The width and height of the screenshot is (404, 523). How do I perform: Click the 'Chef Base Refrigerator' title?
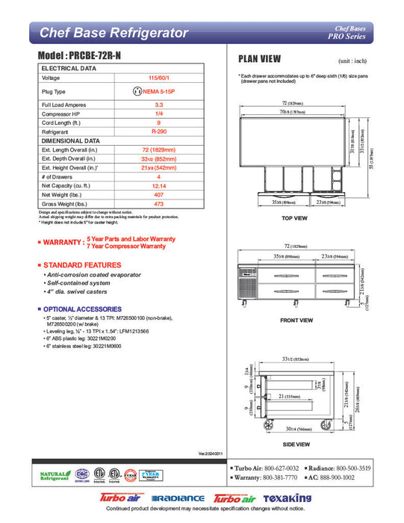[x=113, y=32]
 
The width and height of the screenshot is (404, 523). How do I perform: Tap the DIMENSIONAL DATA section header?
[x=71, y=140]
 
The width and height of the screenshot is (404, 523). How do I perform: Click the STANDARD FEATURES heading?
[x=81, y=265]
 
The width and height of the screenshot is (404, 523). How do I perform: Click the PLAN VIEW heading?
[x=259, y=59]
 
